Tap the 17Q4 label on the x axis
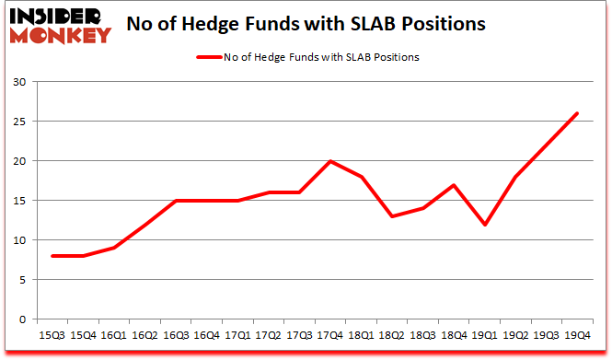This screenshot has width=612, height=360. pos(330,336)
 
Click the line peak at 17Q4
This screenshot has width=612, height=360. pos(329,161)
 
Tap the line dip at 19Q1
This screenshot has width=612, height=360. pos(485,225)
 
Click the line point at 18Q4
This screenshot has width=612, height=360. pos(454,185)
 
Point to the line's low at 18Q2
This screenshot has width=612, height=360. pos(392,216)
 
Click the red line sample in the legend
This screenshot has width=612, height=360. pos(209,58)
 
